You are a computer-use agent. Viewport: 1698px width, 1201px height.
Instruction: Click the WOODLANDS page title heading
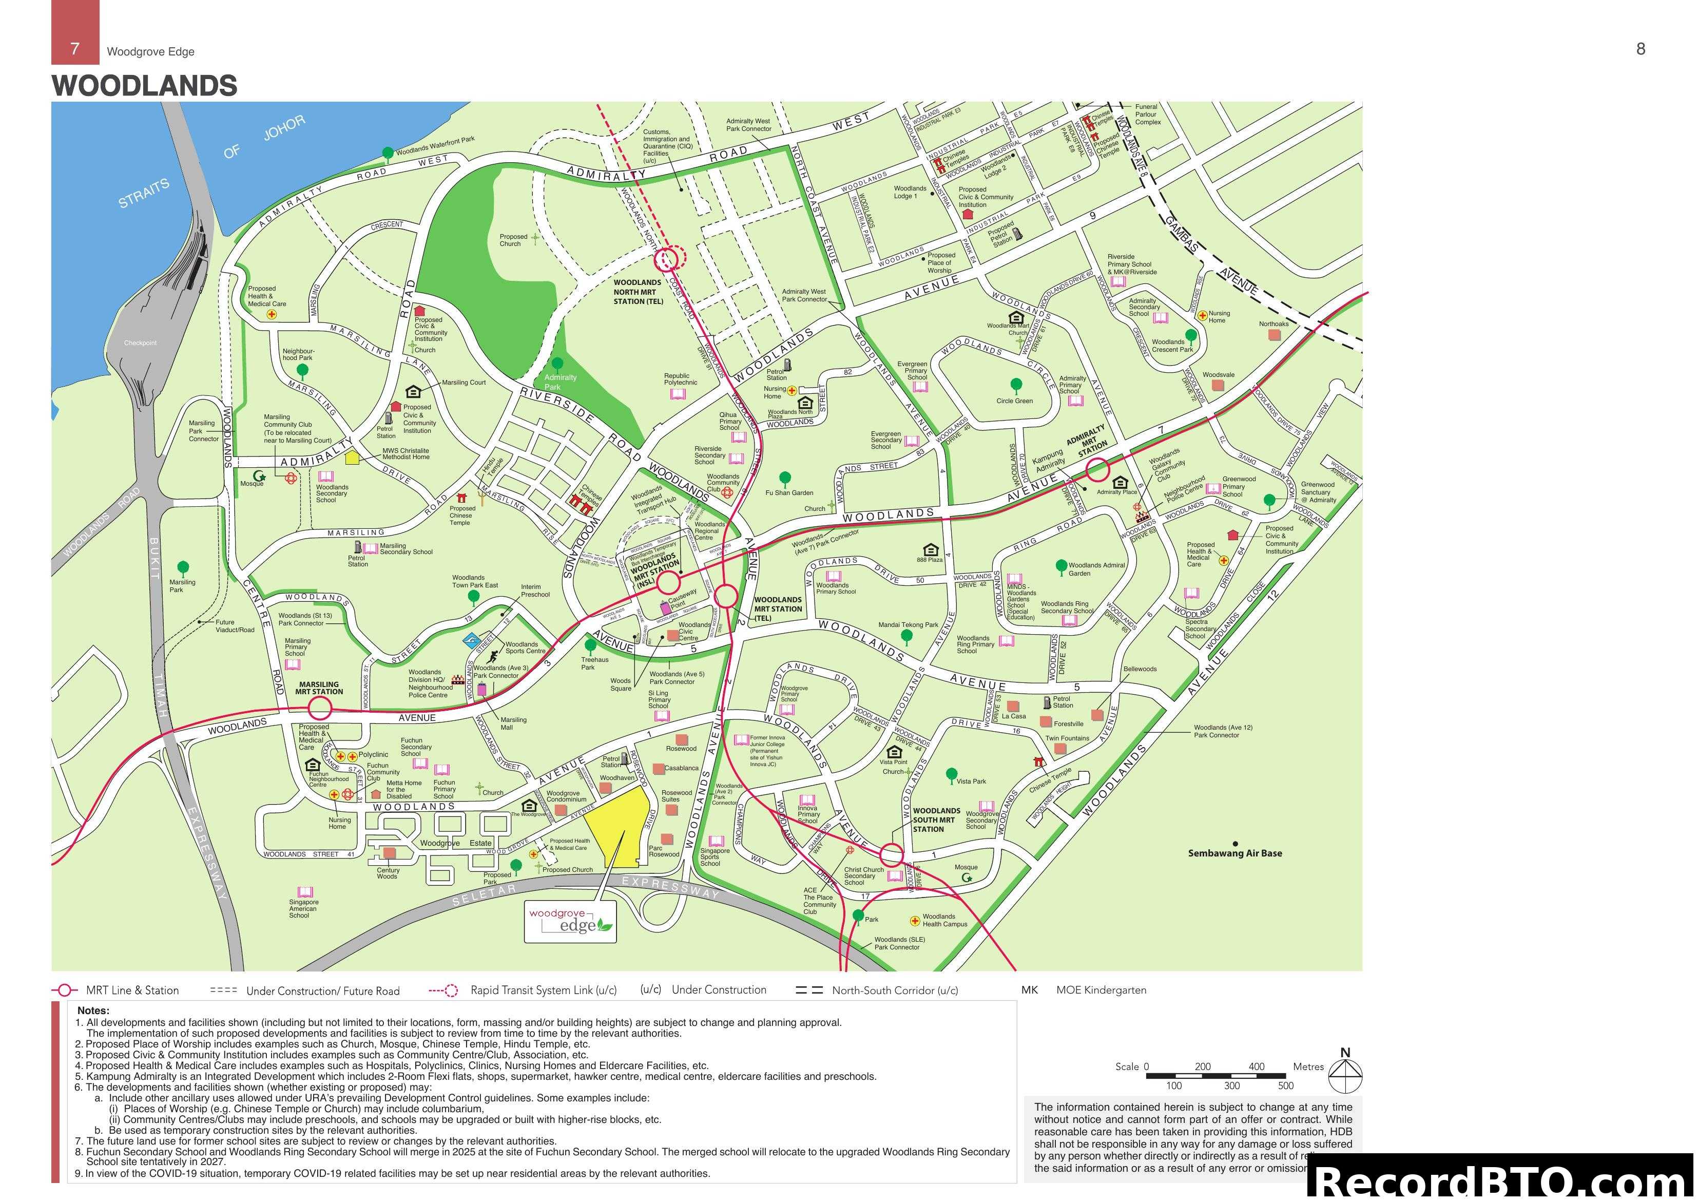(x=144, y=86)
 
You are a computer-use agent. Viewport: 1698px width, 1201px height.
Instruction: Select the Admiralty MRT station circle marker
(x=1097, y=469)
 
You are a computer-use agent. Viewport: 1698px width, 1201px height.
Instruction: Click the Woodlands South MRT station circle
(x=892, y=855)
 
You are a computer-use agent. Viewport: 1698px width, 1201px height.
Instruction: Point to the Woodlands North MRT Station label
(x=638, y=292)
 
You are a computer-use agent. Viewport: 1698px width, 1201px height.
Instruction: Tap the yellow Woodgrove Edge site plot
(x=617, y=828)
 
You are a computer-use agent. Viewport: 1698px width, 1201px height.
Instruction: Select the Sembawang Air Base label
(x=1235, y=853)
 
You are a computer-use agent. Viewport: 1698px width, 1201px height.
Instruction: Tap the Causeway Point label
(x=682, y=598)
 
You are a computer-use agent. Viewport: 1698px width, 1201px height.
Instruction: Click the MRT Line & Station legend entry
(x=116, y=990)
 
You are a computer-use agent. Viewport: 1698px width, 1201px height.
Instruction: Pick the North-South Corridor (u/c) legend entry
(x=877, y=990)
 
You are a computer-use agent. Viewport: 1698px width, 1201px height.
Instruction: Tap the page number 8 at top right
(x=1641, y=49)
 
